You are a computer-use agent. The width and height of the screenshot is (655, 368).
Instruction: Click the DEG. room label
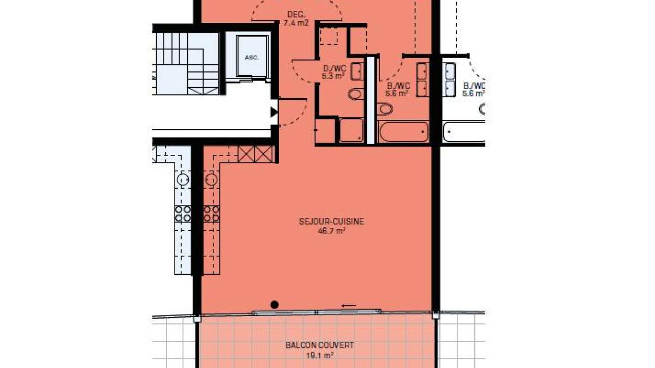coord(296,14)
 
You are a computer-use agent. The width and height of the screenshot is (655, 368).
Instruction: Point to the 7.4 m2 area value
coord(296,23)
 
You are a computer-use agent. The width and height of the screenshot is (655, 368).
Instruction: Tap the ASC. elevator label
coord(252,58)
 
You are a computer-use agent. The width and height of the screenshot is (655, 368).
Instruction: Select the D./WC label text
coord(335,69)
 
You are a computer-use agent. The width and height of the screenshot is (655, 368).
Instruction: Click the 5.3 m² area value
coord(333,76)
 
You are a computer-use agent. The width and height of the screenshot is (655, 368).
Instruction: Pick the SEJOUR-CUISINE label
coord(331,221)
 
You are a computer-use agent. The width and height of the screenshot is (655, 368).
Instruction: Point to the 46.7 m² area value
coord(332,231)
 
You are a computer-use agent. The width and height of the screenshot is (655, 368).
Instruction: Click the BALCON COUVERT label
coord(320,345)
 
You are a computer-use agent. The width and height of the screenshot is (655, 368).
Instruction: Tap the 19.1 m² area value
coord(320,355)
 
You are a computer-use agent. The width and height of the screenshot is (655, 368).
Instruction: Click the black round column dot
coord(274,305)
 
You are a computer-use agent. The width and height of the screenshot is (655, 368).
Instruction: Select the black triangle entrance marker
coord(273,112)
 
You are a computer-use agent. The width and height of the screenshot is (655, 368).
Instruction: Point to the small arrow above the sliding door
coord(349,306)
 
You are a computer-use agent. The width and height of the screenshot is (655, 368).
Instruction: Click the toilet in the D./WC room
coord(356,94)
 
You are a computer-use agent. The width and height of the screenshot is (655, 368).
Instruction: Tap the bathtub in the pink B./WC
coord(403,132)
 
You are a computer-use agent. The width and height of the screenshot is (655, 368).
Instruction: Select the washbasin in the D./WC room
coord(358,71)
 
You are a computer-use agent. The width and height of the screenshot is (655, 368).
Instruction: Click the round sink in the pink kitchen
coord(211,179)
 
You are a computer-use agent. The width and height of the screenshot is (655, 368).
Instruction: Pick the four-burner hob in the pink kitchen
coord(211,214)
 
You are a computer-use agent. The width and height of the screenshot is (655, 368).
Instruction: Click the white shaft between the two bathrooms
coord(371,100)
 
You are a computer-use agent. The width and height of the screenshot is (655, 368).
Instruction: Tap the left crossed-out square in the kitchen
coord(246,154)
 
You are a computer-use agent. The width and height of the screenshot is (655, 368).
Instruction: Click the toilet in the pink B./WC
coord(385,109)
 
